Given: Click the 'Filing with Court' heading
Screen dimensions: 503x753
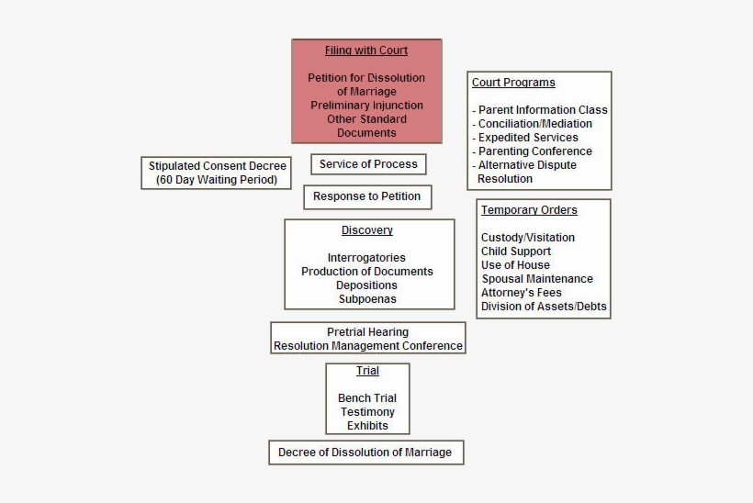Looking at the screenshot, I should pyautogui.click(x=366, y=50).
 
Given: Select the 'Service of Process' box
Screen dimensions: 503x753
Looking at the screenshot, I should pyautogui.click(x=368, y=164).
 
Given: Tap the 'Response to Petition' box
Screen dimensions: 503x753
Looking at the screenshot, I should pyautogui.click(x=367, y=196).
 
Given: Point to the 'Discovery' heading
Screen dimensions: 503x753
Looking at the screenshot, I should pyautogui.click(x=367, y=230).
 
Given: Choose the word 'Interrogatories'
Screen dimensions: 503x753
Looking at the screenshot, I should pyautogui.click(x=366, y=258).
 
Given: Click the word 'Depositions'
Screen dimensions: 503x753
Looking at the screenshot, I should pyautogui.click(x=366, y=285).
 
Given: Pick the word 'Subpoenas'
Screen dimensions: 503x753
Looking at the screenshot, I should pyautogui.click(x=367, y=299).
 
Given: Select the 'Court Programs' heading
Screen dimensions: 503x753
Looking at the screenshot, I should pyautogui.click(x=513, y=83).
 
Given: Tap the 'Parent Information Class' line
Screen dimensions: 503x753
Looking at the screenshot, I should pyautogui.click(x=540, y=110).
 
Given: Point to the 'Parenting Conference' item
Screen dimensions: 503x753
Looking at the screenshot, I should pyautogui.click(x=535, y=151).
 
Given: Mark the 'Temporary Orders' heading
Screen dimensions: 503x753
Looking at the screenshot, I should pyautogui.click(x=529, y=210).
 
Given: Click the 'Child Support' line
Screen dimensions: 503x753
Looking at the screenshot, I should pyautogui.click(x=516, y=251).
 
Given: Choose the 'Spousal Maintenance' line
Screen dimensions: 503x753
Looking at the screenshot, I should pyautogui.click(x=537, y=279).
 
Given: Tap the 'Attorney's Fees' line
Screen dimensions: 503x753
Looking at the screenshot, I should pyautogui.click(x=521, y=293).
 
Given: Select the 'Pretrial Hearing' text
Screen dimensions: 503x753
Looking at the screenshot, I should pyautogui.click(x=367, y=332).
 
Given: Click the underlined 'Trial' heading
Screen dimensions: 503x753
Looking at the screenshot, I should pyautogui.click(x=367, y=371).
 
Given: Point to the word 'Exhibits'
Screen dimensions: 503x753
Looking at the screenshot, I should pyautogui.click(x=367, y=426).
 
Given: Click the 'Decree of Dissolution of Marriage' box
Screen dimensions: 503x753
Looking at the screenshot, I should pyautogui.click(x=365, y=453).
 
